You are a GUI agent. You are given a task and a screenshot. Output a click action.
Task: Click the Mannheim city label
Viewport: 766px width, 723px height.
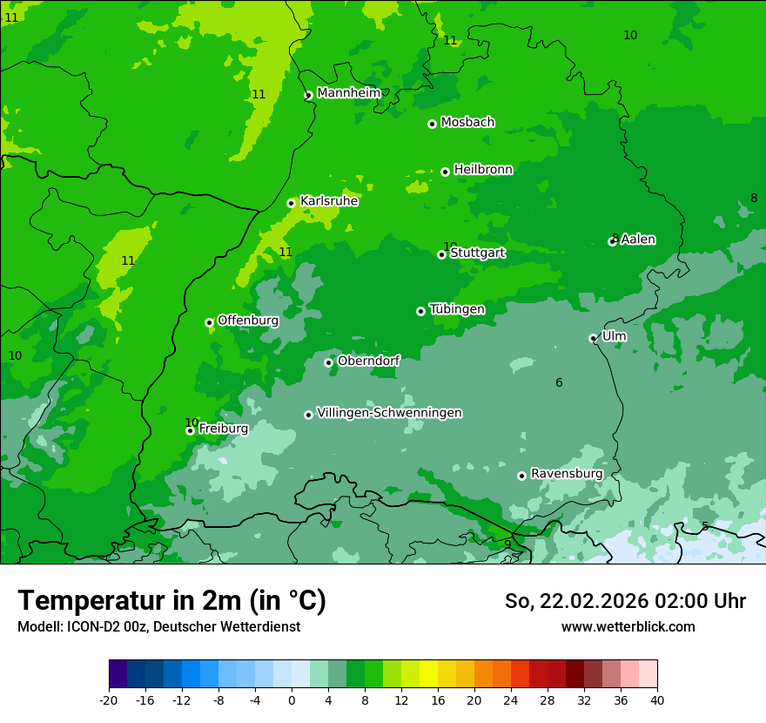click(x=349, y=93)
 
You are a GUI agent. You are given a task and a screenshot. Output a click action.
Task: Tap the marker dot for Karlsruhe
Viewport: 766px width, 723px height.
click(x=291, y=203)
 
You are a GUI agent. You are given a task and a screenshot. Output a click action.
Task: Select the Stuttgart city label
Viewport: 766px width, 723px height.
click(x=477, y=253)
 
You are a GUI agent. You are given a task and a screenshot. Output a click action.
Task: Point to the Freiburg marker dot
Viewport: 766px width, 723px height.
click(x=190, y=430)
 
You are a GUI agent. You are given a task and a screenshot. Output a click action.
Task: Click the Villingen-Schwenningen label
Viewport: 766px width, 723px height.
click(x=389, y=413)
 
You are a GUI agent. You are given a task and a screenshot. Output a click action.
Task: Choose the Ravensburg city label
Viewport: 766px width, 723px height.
click(x=567, y=474)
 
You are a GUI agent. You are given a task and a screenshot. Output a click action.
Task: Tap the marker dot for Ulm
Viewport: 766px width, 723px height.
click(x=593, y=338)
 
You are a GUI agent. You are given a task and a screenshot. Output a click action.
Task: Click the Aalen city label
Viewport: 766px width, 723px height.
click(x=638, y=240)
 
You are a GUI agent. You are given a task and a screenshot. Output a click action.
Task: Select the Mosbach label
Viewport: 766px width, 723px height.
click(x=467, y=123)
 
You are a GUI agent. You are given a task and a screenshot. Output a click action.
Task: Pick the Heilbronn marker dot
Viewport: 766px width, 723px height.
click(x=445, y=172)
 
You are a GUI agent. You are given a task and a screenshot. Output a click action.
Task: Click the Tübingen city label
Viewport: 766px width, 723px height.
click(x=457, y=309)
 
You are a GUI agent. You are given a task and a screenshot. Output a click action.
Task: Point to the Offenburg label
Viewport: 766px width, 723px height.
click(x=248, y=321)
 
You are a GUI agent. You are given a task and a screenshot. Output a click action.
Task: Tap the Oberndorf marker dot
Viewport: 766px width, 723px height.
click(x=328, y=362)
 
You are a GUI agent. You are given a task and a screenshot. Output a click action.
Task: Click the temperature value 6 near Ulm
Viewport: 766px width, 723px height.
click(x=559, y=383)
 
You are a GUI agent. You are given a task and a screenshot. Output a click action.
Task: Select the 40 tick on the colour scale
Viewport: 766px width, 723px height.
click(x=656, y=700)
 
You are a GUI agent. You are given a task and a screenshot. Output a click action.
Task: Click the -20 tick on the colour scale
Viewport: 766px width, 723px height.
click(x=109, y=700)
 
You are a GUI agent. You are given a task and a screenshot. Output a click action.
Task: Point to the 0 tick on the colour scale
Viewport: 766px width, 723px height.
click(x=292, y=700)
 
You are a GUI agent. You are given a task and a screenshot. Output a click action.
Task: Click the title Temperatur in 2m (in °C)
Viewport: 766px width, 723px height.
click(x=171, y=600)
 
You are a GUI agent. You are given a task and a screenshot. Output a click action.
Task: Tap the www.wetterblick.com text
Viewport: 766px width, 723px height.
click(x=628, y=627)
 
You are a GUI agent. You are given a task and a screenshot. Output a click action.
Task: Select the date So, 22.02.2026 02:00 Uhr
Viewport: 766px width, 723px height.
click(x=625, y=601)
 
